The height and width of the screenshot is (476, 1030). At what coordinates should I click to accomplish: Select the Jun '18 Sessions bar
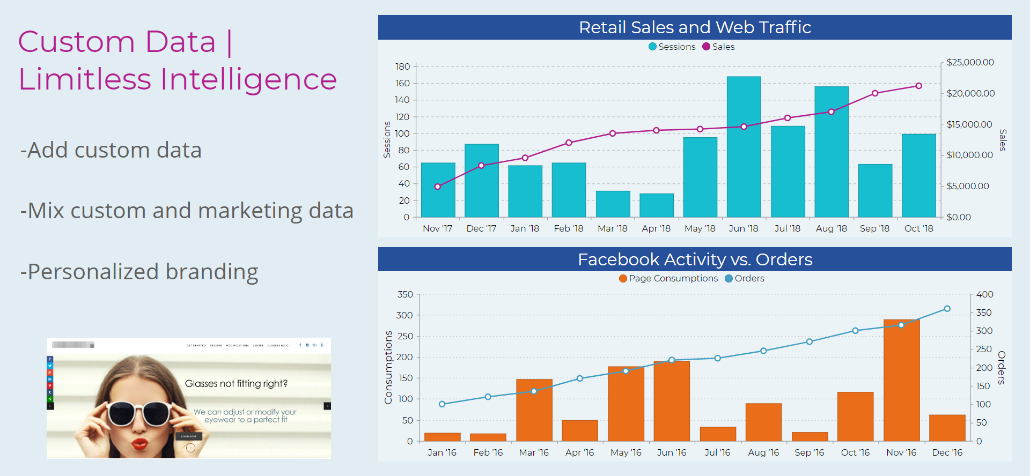click(x=744, y=147)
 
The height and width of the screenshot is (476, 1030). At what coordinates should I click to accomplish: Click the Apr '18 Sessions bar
click(x=656, y=205)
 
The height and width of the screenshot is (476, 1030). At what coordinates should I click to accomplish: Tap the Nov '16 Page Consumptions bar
click(x=901, y=381)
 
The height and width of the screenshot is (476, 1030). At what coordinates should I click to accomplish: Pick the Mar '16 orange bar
click(x=534, y=410)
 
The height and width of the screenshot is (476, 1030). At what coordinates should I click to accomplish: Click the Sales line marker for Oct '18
click(x=918, y=86)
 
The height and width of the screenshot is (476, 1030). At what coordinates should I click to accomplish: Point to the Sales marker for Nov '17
click(x=438, y=187)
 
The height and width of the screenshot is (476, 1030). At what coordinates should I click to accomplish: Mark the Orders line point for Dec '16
click(x=947, y=309)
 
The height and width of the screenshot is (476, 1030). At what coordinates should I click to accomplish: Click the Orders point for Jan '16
click(x=442, y=404)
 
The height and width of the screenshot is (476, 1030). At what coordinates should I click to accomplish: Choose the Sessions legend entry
click(x=672, y=47)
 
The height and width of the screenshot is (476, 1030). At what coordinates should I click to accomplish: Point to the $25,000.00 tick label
click(x=970, y=62)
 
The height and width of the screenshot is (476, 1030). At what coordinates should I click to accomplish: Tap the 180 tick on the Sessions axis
click(x=402, y=66)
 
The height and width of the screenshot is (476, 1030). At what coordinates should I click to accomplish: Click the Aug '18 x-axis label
click(x=831, y=228)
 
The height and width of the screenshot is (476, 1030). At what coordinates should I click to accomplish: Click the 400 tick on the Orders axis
click(x=984, y=294)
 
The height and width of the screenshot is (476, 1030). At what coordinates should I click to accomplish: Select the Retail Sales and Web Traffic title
click(x=695, y=27)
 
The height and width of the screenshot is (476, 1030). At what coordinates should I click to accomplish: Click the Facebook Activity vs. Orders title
click(x=695, y=259)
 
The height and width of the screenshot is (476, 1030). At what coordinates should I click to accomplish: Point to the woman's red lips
click(x=140, y=444)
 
